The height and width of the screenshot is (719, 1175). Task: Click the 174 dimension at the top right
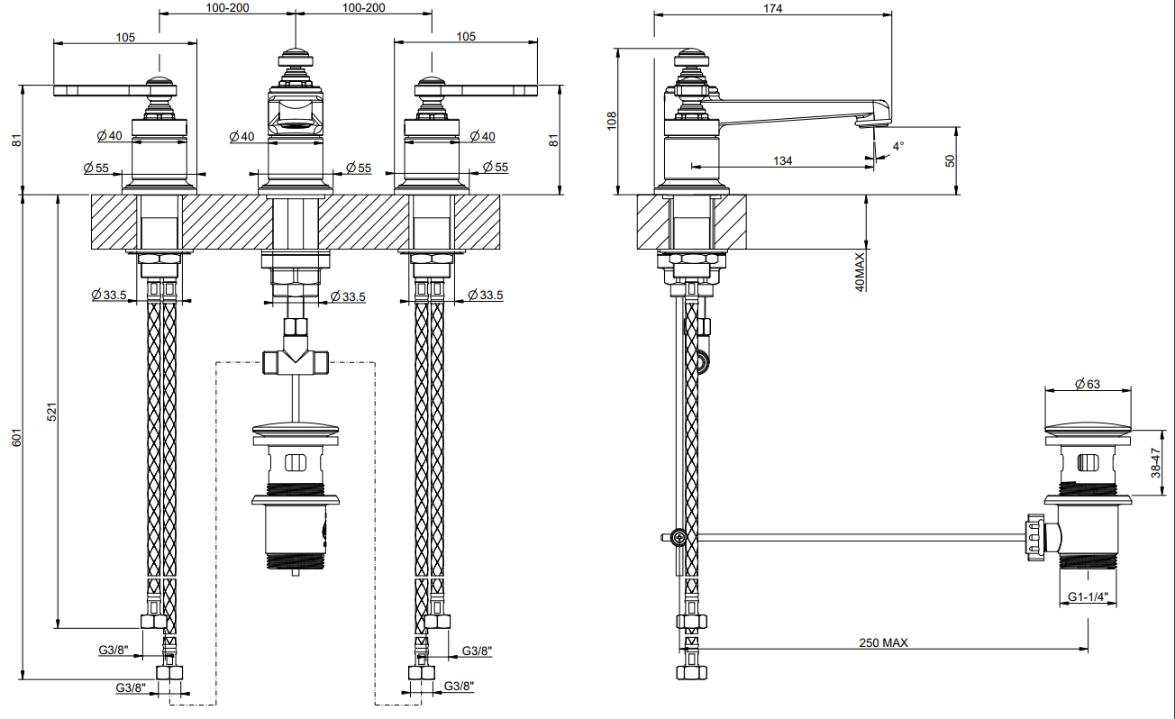tap(772, 8)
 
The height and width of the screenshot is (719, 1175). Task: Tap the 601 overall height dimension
tap(16, 438)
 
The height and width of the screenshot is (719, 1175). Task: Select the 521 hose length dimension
tap(51, 412)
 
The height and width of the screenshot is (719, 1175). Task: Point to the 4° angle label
tap(898, 146)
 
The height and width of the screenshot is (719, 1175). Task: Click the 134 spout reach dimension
tap(782, 161)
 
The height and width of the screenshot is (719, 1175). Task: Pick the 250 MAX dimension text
tap(883, 642)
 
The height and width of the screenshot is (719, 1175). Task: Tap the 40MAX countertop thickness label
tap(860, 272)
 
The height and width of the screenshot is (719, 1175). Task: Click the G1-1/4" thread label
tap(1088, 596)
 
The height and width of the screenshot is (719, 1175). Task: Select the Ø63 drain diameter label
tap(1088, 384)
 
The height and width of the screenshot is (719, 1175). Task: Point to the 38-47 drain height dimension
tap(1155, 462)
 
